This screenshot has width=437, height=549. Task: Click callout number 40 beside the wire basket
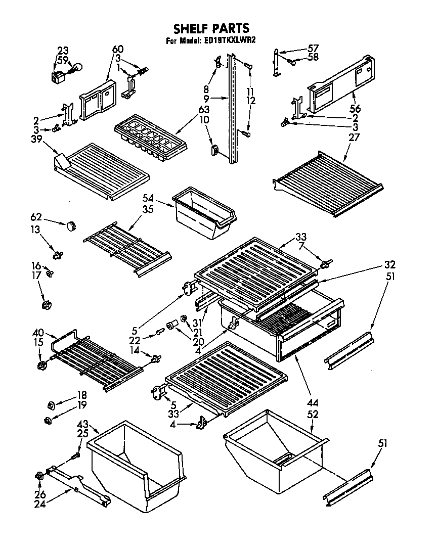pos(38,333)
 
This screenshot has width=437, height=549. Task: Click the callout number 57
pos(314,49)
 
